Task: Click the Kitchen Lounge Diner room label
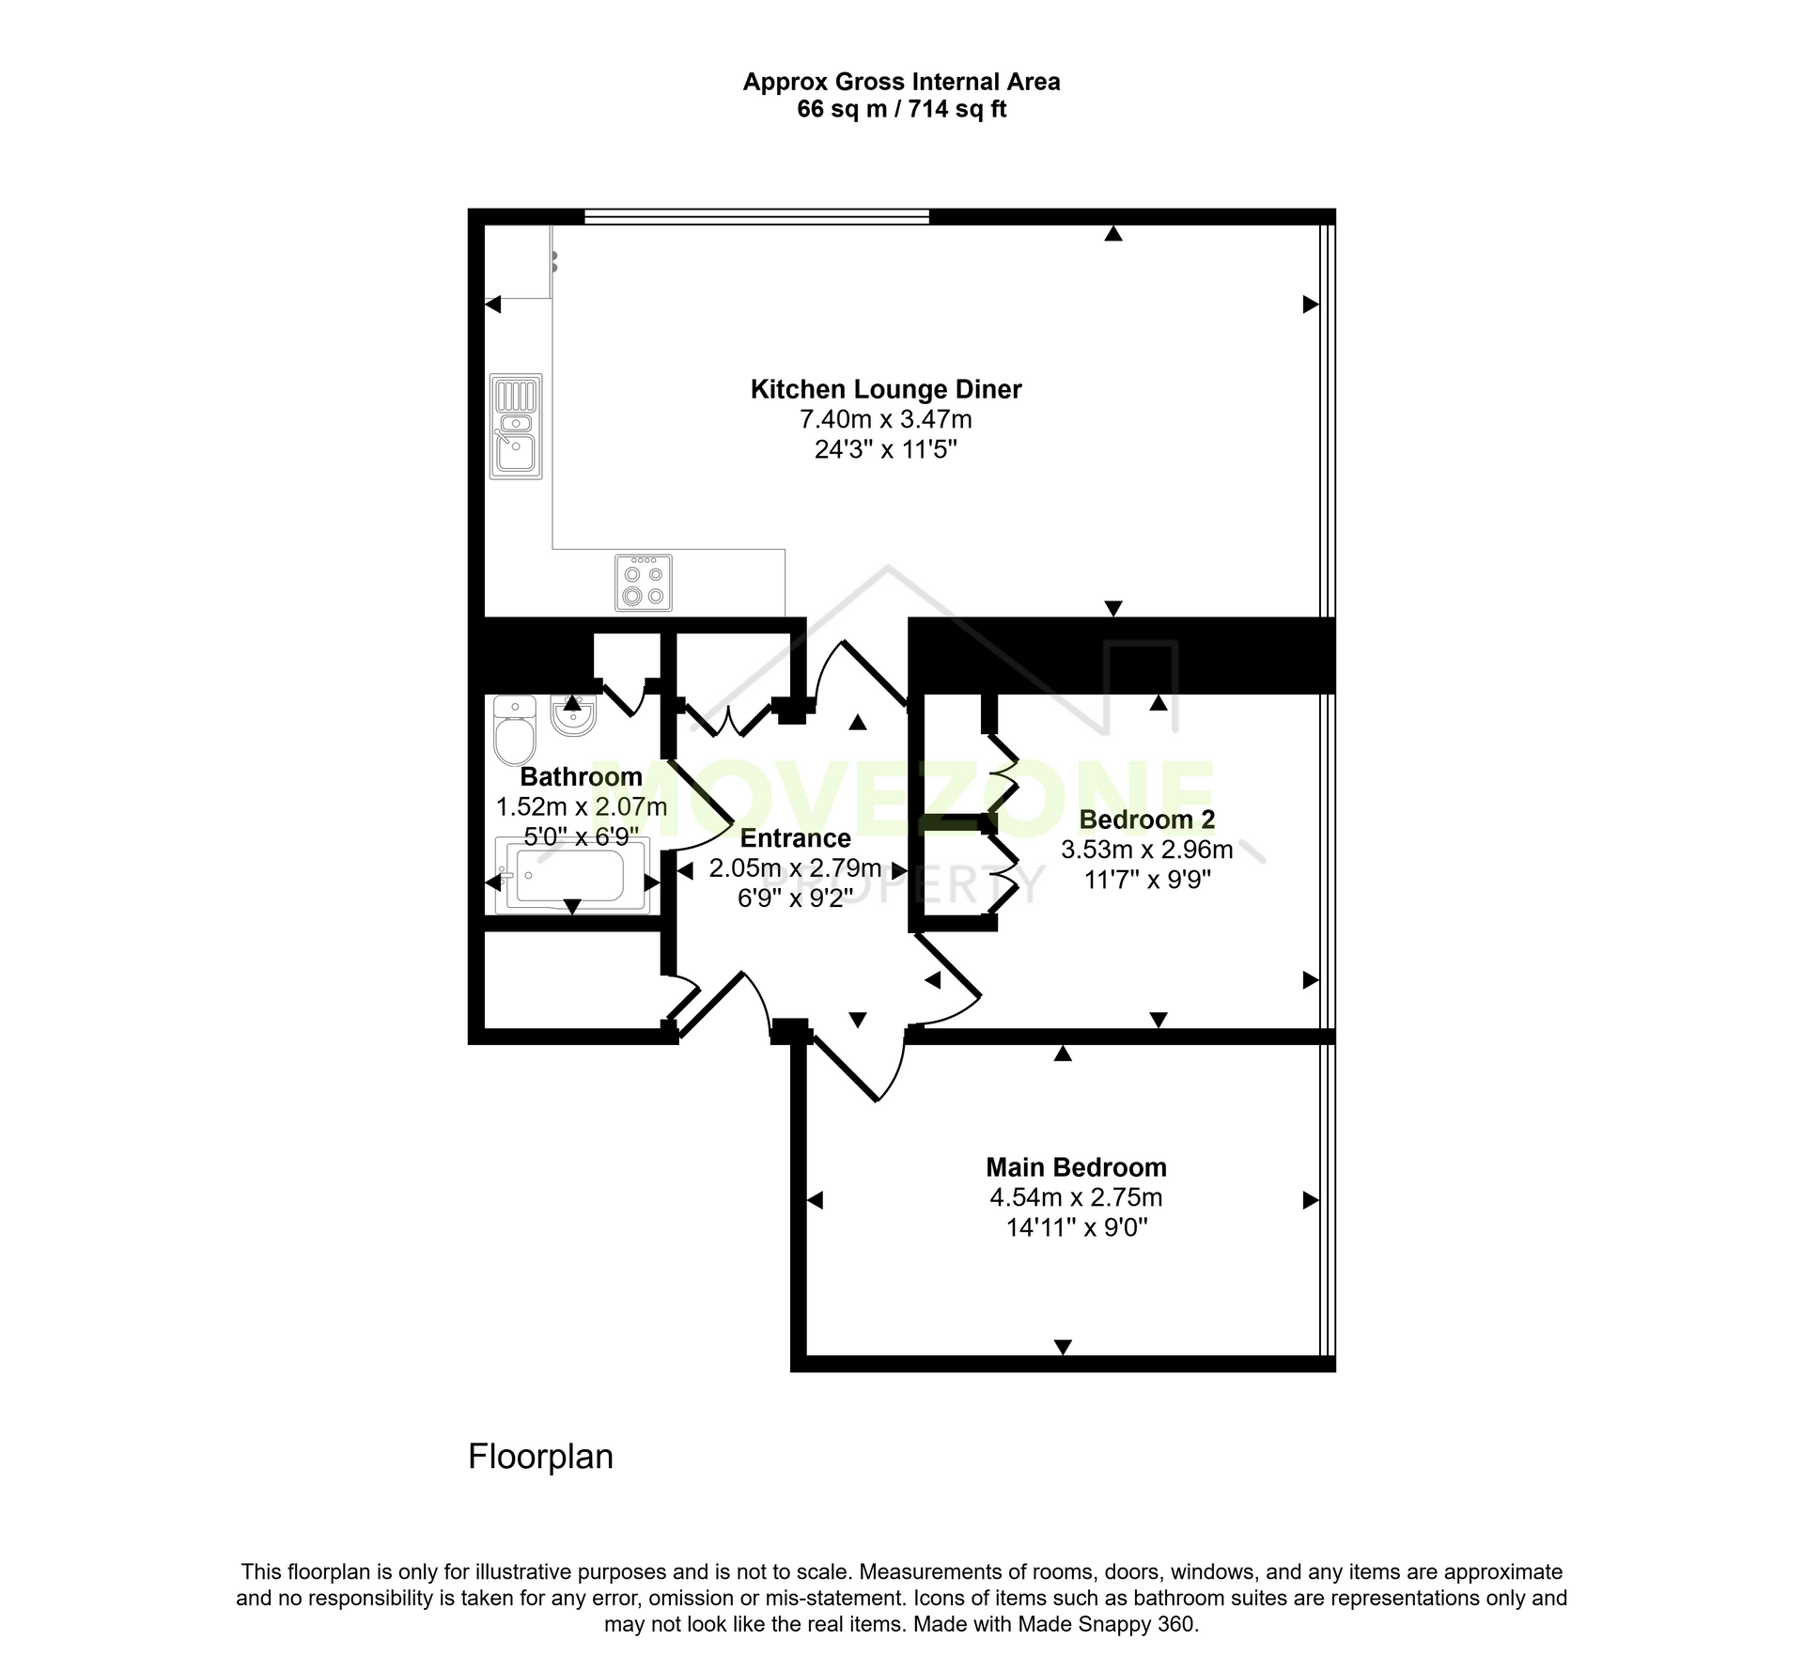tap(885, 389)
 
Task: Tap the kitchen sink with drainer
tap(516, 427)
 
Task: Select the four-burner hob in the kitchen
tap(644, 583)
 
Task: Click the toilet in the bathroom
tap(514, 730)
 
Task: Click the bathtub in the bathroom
tap(572, 876)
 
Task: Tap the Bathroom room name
tap(582, 776)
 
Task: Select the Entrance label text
tap(796, 838)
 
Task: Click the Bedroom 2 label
tap(1147, 820)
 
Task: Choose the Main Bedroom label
tap(1076, 1167)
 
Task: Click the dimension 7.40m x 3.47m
tap(886, 419)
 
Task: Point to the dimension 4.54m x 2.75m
tap(1076, 1197)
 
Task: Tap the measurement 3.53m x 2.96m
tap(1147, 850)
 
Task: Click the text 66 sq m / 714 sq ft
tap(902, 109)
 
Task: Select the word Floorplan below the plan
tap(540, 1456)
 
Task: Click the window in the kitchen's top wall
tap(756, 217)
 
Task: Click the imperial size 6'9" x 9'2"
tap(796, 898)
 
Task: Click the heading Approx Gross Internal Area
tap(902, 82)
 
